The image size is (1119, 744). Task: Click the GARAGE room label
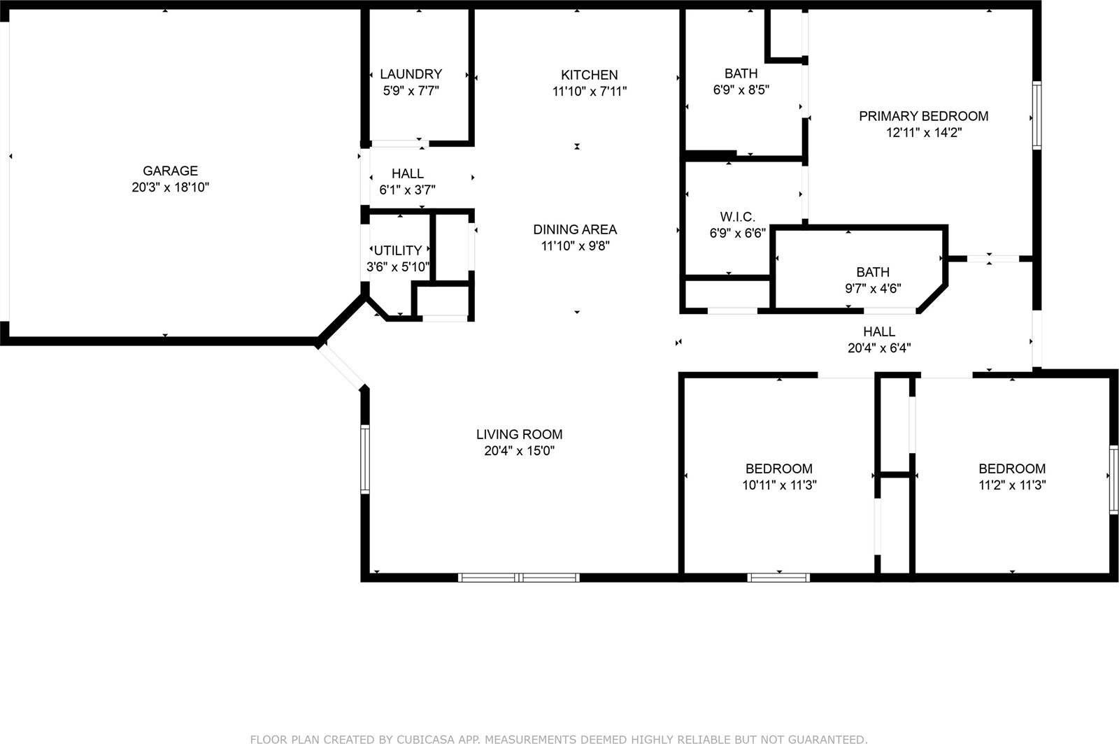pos(170,171)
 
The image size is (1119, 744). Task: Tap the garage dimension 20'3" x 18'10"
pos(170,187)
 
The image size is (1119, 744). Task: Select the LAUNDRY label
pos(411,74)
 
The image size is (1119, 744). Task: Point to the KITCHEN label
pos(589,75)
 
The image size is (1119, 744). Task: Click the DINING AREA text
pos(575,229)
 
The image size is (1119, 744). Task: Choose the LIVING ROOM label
pos(519,434)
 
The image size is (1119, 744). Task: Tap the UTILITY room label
pos(398,250)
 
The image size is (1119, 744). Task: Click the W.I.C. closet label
pos(737,217)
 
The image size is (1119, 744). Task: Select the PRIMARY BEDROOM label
pos(923,116)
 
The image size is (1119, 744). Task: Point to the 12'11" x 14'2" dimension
pos(923,133)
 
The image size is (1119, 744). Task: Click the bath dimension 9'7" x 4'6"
pos(873,288)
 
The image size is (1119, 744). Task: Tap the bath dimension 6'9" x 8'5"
pos(741,90)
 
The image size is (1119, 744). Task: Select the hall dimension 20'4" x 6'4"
pos(878,348)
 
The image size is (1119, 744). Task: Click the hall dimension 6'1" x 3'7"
pos(407,189)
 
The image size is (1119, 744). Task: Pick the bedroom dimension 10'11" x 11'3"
pos(778,485)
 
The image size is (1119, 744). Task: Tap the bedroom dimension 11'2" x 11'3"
pos(1011,485)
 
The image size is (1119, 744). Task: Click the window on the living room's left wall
pos(364,459)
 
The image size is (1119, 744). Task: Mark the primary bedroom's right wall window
pos(1036,115)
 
